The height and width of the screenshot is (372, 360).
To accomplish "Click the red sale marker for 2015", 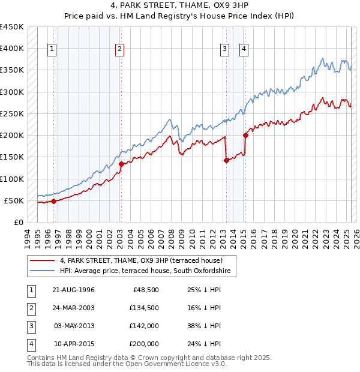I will pos(245,135).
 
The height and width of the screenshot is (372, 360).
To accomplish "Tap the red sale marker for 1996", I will pos(53,201).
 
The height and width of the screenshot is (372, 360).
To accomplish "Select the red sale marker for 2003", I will pos(121,164).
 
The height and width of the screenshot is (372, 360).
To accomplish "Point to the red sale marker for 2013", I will pos(226,160).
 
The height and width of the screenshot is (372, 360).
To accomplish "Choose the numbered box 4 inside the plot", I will pos(244,50).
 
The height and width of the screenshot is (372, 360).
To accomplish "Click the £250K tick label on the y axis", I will pos(11,113).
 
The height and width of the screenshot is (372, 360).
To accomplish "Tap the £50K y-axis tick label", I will pos(14,200).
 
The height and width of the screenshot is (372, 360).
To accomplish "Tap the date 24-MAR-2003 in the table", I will pos(74,308).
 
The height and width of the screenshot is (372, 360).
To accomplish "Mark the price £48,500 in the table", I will pos(145,290).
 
